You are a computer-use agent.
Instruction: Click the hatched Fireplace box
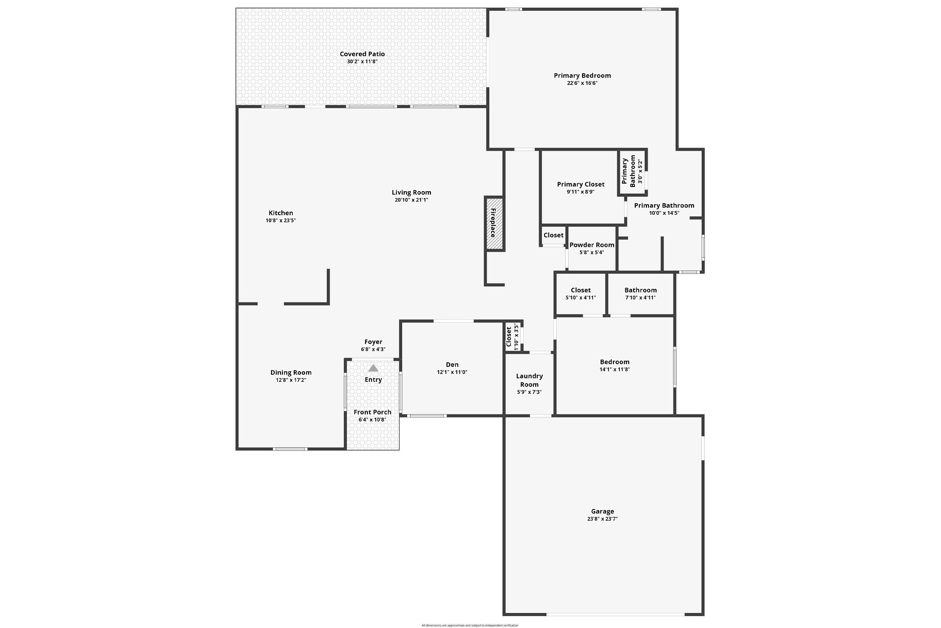(494, 224)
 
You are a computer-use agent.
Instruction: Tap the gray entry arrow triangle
(373, 368)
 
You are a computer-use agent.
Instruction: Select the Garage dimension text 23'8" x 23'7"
(602, 519)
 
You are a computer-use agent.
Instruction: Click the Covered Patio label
(362, 54)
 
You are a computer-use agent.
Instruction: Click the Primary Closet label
(581, 184)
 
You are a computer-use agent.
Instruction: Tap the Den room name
(452, 365)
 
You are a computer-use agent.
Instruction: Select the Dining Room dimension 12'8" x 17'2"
(291, 380)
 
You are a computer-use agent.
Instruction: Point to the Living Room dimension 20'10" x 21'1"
(411, 200)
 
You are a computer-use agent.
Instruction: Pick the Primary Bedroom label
(582, 76)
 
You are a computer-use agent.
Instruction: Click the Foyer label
(373, 342)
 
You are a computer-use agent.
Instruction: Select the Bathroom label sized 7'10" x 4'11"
(640, 290)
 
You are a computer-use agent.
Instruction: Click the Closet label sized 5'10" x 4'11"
(581, 290)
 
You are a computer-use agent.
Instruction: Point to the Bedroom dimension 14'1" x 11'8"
(614, 369)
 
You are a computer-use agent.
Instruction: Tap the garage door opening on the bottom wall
(615, 614)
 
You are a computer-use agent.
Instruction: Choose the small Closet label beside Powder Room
(553, 235)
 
